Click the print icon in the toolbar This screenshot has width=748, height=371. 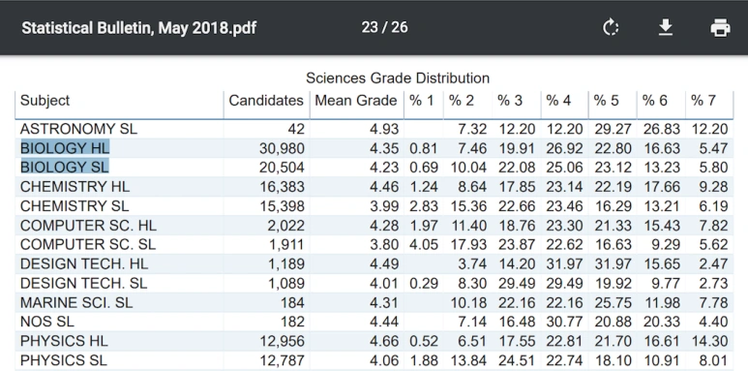(x=720, y=28)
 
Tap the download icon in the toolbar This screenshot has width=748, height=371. (x=666, y=28)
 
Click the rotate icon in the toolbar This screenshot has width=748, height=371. (x=611, y=28)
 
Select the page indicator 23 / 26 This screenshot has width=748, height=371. (x=384, y=27)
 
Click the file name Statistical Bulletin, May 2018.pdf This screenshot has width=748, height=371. (x=138, y=28)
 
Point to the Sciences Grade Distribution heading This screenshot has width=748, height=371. (x=398, y=77)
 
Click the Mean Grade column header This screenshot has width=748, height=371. (x=356, y=101)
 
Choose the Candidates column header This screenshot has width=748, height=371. (x=266, y=101)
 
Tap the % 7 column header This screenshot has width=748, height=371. (x=703, y=101)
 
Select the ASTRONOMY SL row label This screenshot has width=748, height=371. (x=78, y=129)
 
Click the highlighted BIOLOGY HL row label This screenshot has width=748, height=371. (x=65, y=148)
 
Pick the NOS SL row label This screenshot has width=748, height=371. (x=47, y=322)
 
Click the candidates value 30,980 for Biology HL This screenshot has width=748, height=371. (x=282, y=148)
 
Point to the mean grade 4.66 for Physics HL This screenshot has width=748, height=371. (x=384, y=341)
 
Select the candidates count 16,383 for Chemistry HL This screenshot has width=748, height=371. (x=282, y=187)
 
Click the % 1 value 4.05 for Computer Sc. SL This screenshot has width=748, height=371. (x=424, y=244)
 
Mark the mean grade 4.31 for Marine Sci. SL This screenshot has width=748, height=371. (x=384, y=302)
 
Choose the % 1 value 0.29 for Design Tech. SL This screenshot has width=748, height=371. (x=424, y=283)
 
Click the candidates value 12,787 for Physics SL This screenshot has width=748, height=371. (x=282, y=360)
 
